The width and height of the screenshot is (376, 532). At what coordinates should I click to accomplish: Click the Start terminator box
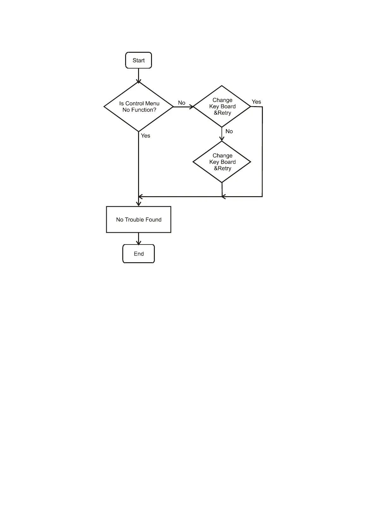138,60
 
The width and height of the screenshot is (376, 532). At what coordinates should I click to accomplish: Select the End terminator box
138,254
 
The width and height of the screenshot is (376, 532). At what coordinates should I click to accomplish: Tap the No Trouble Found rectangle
138,220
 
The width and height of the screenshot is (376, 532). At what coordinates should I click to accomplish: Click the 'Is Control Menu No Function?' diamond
138,107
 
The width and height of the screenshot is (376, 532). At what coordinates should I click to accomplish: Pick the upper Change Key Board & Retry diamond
222,106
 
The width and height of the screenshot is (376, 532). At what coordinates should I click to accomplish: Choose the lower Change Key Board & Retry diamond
222,162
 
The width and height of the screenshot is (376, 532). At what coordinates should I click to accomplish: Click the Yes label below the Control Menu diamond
146,136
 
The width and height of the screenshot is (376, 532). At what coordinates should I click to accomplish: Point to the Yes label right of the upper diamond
256,102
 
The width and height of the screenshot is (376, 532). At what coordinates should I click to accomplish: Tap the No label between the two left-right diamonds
182,103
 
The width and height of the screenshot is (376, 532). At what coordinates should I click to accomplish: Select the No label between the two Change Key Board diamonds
229,131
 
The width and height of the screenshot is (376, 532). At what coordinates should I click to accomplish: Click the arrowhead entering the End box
138,243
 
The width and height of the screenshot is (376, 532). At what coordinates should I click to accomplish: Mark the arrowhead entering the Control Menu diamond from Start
138,81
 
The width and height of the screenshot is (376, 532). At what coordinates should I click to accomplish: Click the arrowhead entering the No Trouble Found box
138,204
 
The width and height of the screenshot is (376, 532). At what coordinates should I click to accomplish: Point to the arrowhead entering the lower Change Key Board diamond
222,139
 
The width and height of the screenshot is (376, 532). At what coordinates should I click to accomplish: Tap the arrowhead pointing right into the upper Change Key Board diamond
191,107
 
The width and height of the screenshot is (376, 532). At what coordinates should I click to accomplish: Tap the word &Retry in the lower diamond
222,168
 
